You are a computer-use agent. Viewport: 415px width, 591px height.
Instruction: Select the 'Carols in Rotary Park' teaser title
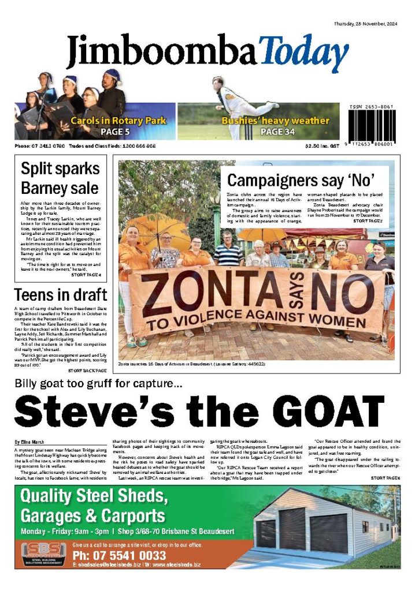click(x=118, y=121)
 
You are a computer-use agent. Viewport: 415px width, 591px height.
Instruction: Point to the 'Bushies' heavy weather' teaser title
click(x=275, y=121)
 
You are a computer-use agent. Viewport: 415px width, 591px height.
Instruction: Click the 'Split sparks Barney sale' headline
click(x=60, y=178)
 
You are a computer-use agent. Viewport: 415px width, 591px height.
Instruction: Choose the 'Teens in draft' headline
click(x=60, y=295)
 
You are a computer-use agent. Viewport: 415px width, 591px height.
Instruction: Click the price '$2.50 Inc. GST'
click(x=324, y=147)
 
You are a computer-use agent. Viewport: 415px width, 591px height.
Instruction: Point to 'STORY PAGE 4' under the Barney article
click(x=86, y=275)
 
